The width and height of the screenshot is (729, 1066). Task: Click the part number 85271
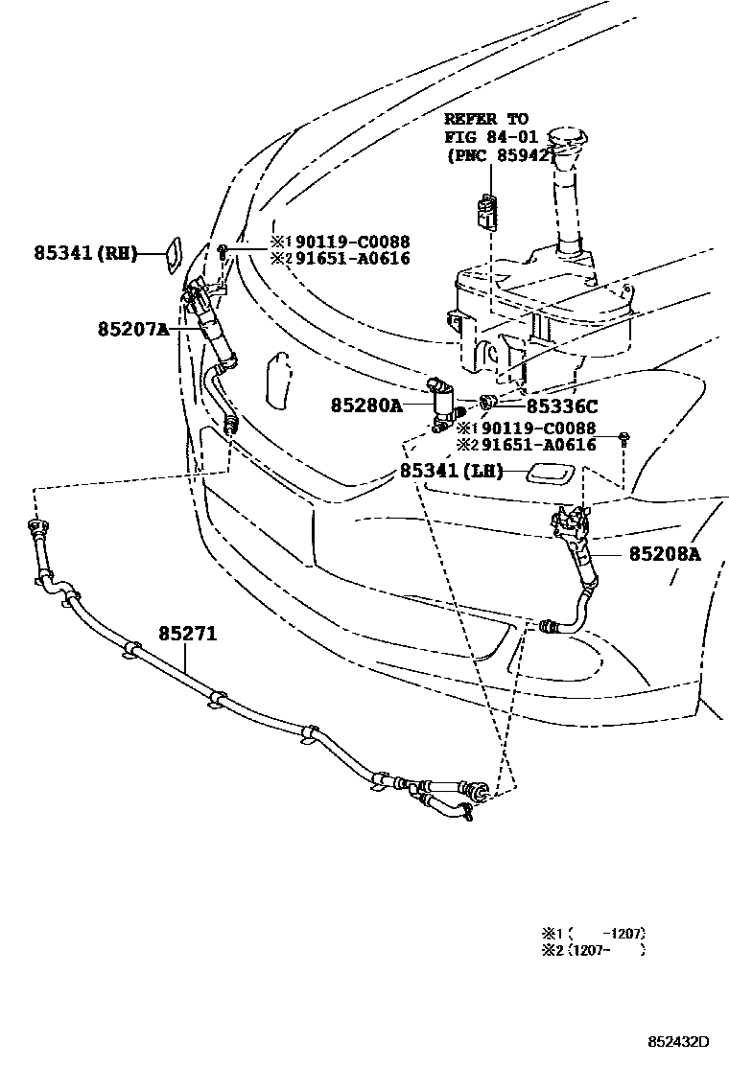[x=188, y=634]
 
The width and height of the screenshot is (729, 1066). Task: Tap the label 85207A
[x=132, y=329]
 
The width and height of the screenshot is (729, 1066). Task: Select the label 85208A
[x=665, y=553]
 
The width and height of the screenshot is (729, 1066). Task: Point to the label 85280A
[x=366, y=406]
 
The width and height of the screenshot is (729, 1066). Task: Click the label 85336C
[x=562, y=406]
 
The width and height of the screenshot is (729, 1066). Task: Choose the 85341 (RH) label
[x=85, y=253]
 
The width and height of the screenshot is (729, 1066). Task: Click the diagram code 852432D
[x=676, y=1042]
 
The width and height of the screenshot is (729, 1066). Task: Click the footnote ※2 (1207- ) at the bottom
[x=594, y=950]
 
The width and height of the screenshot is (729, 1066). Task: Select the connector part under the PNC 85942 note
[x=490, y=210]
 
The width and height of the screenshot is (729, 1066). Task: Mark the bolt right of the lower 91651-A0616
[x=624, y=440]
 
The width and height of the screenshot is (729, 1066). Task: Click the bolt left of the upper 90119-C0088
[x=223, y=251]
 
